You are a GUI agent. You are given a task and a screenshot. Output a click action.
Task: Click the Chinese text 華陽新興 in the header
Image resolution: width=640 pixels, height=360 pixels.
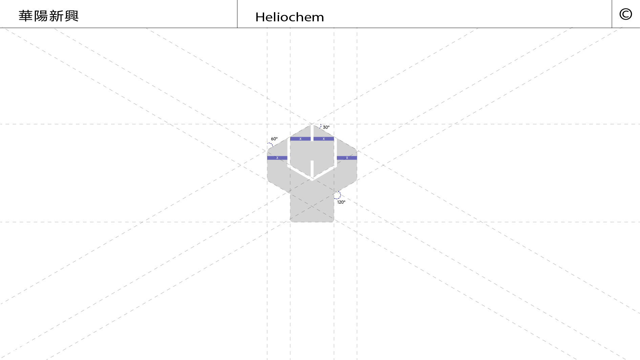48,16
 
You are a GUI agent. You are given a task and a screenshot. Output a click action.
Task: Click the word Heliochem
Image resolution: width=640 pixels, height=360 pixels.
290,17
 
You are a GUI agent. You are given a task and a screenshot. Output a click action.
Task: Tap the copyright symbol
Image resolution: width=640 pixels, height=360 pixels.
625,14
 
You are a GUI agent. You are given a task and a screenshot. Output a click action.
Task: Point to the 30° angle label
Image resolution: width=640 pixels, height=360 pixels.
326,127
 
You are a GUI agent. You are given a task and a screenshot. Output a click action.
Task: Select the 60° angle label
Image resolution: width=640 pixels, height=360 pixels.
274,139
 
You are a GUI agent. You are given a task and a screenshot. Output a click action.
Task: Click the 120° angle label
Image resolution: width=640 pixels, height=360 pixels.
341,202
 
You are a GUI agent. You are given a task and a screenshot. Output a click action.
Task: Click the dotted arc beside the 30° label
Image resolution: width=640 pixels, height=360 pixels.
320,126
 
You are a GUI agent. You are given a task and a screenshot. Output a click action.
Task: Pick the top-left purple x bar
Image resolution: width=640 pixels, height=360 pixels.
300,139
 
